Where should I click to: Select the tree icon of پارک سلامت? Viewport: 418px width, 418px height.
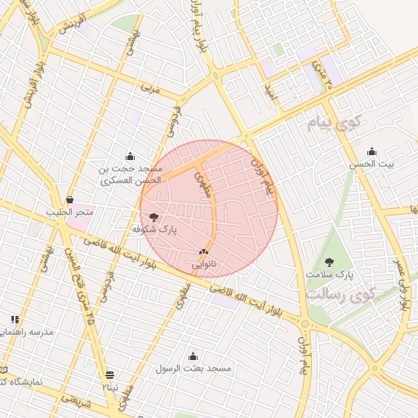click(x=329, y=262)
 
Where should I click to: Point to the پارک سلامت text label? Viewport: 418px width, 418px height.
click(x=336, y=275)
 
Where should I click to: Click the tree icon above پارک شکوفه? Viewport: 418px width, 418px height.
click(x=153, y=217)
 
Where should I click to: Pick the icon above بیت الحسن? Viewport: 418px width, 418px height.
click(x=372, y=151)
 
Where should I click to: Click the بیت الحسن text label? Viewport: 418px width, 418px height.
click(x=371, y=164)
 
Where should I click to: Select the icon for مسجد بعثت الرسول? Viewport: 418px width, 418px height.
click(x=193, y=356)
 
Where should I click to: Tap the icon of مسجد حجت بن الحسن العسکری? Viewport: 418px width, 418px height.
click(x=130, y=156)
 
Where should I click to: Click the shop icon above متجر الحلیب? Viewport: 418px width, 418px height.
click(x=69, y=199)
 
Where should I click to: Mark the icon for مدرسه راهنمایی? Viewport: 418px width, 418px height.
click(x=15, y=319)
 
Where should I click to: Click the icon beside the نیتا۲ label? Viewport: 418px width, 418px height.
click(x=110, y=375)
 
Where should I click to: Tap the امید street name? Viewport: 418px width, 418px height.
click(x=272, y=95)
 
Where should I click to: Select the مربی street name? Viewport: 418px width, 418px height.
click(x=149, y=86)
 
